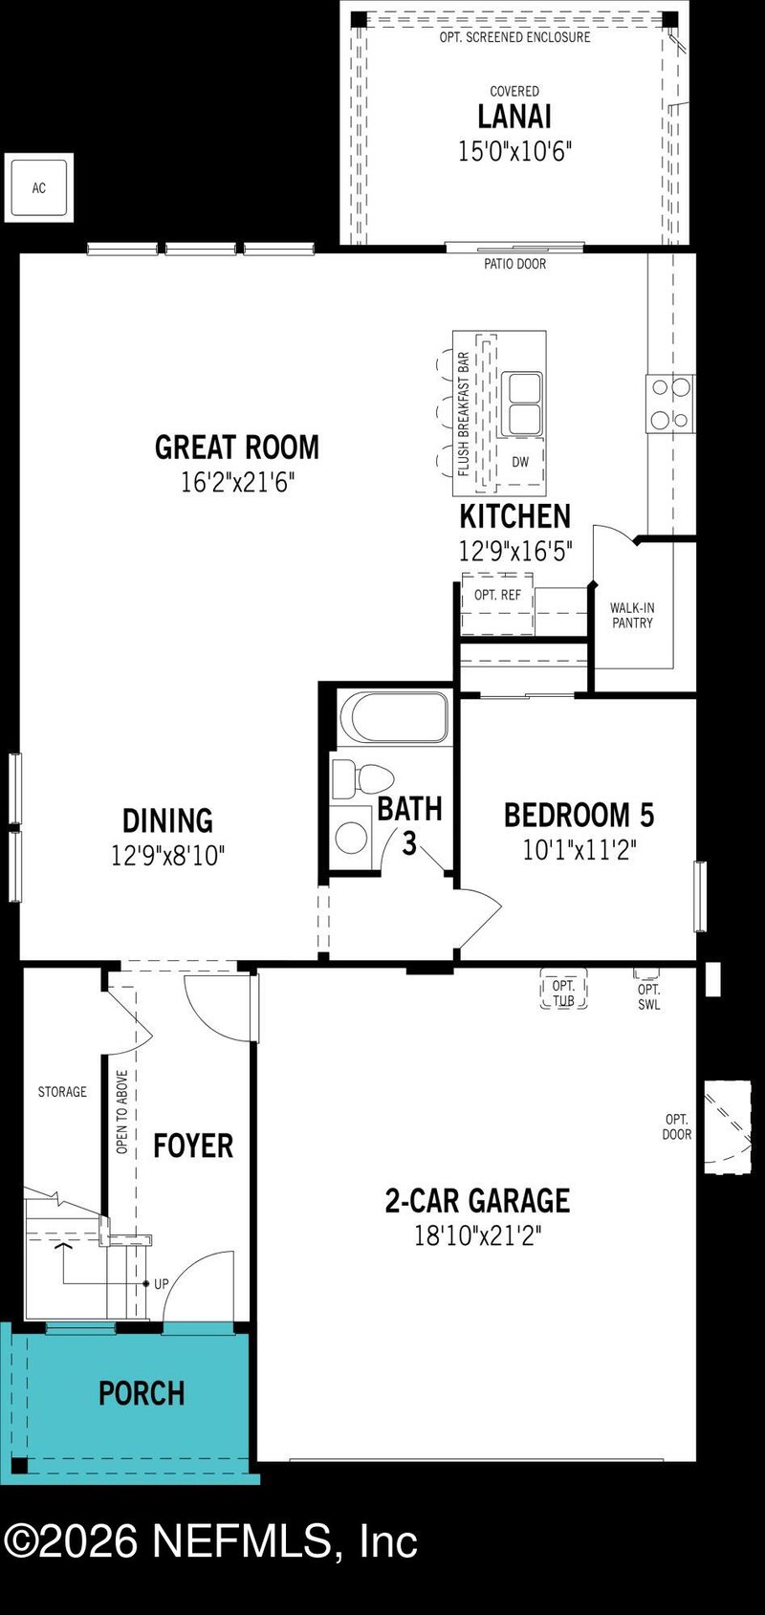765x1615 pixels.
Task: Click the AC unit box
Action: coord(39,187)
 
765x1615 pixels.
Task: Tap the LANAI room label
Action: coord(514,117)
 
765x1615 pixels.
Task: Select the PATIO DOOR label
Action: coord(514,264)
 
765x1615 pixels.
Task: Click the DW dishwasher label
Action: coord(520,462)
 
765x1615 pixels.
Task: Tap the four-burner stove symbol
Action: coord(670,403)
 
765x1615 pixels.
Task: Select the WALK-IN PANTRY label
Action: coord(632,615)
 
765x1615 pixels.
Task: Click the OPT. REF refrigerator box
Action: coord(498,602)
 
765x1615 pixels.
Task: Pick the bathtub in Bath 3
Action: coord(393,716)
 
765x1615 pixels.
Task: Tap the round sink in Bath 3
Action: coord(352,838)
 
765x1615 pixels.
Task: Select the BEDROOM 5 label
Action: coord(579,815)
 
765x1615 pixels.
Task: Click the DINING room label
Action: coord(167,820)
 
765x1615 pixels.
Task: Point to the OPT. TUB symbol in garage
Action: coord(563,993)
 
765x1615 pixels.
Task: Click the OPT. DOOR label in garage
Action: coord(677,1126)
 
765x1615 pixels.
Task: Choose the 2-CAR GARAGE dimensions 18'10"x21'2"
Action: coord(477,1235)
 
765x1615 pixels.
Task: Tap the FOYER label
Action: coord(193,1146)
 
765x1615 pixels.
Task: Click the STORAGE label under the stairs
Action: coord(62,1091)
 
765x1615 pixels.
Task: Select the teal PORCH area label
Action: coord(142,1393)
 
